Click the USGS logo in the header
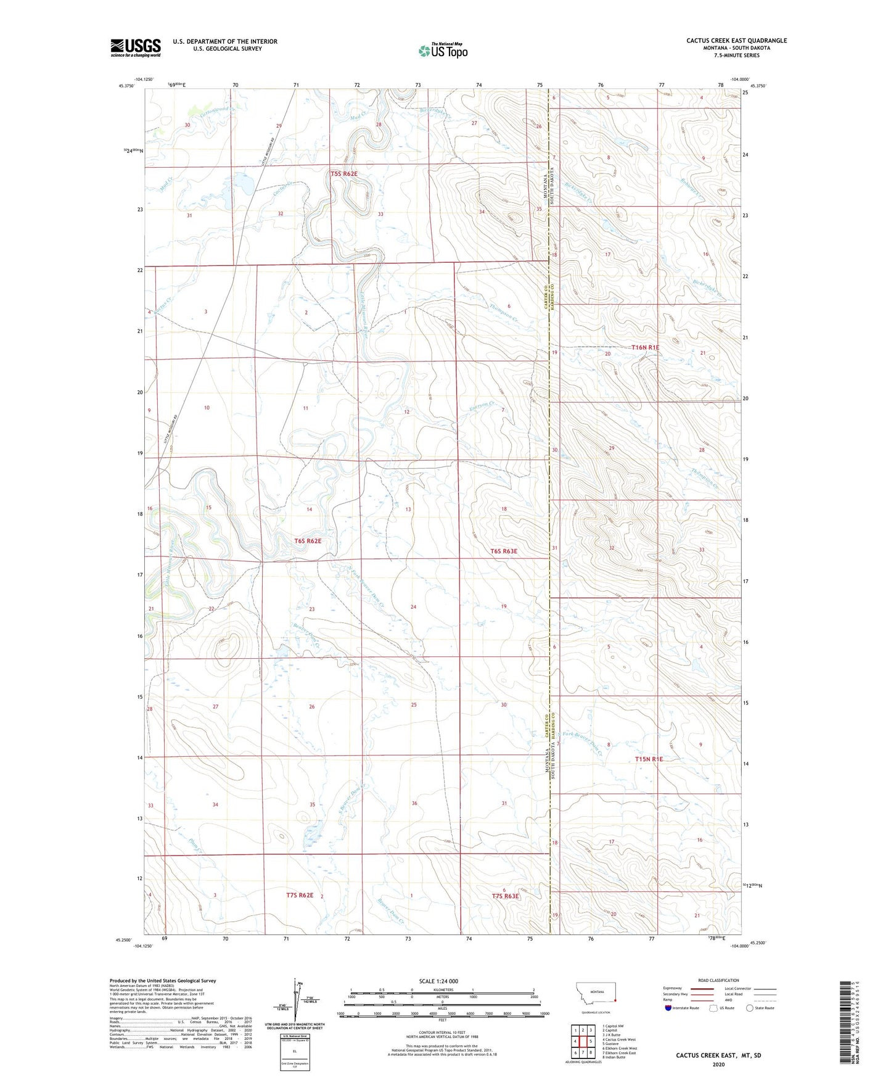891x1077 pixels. coord(136,47)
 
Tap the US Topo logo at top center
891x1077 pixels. coord(443,50)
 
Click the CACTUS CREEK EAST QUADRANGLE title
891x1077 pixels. coord(736,41)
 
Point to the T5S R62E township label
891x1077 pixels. coord(343,174)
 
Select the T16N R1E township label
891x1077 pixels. coord(645,347)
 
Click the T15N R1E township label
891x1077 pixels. coord(649,759)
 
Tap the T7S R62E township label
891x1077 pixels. coord(300,895)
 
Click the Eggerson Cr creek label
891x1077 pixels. coord(482,407)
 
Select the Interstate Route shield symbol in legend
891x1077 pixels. coord(668,1008)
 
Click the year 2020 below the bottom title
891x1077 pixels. coord(718,1064)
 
